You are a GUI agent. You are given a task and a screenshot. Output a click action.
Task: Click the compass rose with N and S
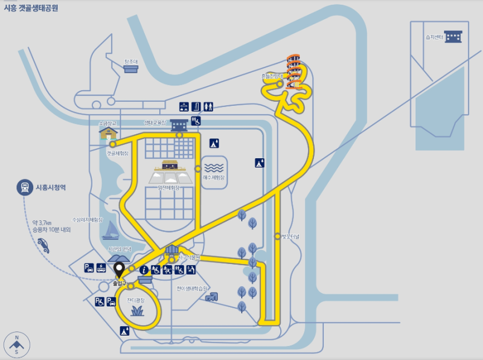17,344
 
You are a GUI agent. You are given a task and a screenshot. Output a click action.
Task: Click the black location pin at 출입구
119,270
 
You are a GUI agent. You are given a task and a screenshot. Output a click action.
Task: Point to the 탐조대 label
131,61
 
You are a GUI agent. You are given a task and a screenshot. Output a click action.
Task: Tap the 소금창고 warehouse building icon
108,132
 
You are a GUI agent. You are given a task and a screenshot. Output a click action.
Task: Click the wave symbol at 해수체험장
214,167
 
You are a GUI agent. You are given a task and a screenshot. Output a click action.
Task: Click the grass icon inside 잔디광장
137,310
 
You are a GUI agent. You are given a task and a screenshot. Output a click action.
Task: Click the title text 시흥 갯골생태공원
31,8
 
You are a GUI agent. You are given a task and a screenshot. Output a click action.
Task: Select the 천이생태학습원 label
193,288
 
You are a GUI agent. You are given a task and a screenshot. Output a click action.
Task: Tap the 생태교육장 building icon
179,126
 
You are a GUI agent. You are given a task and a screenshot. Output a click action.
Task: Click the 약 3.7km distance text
43,222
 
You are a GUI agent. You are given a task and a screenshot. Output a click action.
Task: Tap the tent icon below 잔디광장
124,330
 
